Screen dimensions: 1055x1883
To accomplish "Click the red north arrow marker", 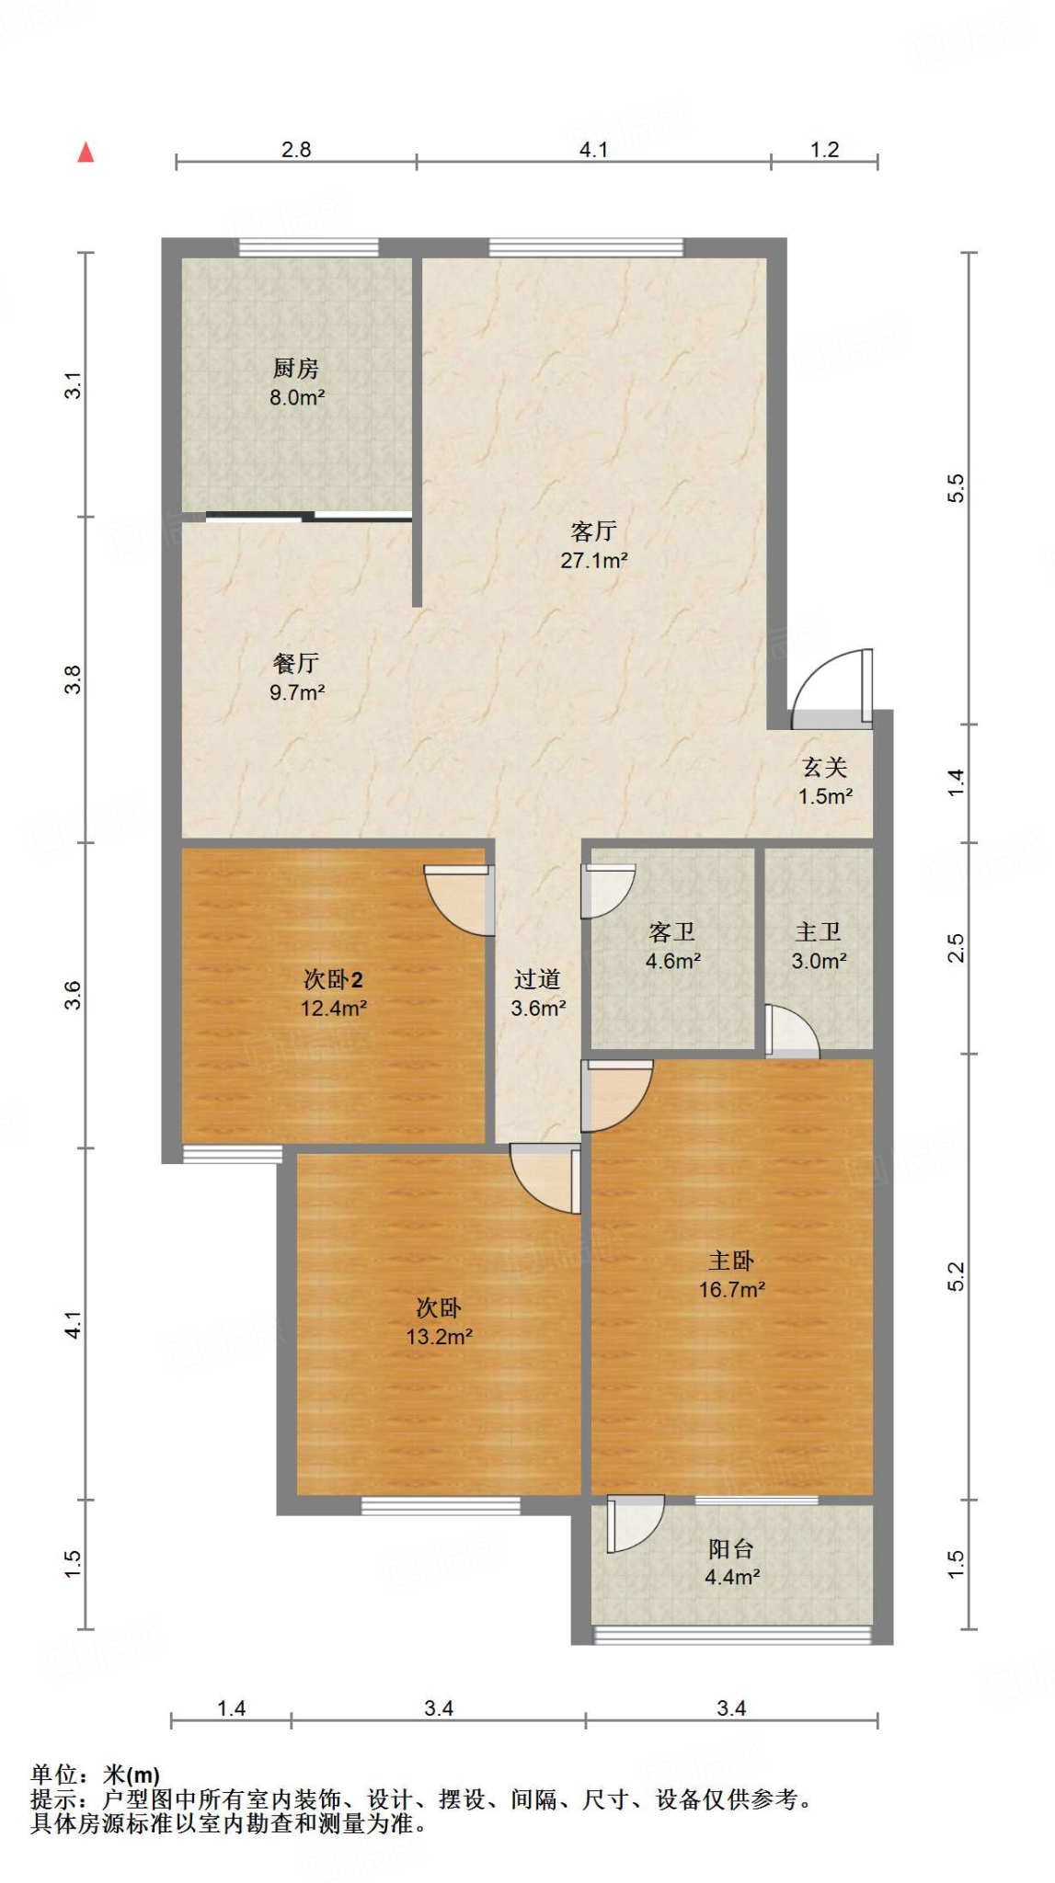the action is coord(86,153).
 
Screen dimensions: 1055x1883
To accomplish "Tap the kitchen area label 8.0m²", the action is coord(297,398).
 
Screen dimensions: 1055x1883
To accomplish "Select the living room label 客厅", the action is coord(593,531).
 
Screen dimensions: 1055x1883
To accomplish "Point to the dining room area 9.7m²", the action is coord(297,692).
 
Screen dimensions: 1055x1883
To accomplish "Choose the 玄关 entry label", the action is coord(824,768).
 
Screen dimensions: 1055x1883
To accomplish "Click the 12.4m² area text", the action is coord(334,1008).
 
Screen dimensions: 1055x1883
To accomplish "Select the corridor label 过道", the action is coord(537,979).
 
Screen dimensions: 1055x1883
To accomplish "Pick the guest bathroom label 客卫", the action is coord(671,932).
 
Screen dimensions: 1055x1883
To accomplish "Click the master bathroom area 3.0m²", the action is coord(819,961).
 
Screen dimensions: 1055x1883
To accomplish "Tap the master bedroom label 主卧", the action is coord(731,1261).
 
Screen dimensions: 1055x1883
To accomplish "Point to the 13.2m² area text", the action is coord(440,1336).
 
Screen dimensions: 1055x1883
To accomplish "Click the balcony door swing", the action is coord(634,1524).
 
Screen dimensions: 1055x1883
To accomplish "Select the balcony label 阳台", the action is coord(731,1549).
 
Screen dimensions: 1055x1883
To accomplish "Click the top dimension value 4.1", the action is coord(593,149).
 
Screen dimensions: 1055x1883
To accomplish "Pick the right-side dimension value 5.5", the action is coord(956,487).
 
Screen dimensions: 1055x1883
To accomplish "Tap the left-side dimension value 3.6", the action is coord(73,995).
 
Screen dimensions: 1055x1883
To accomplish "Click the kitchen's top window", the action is coord(309,247).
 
